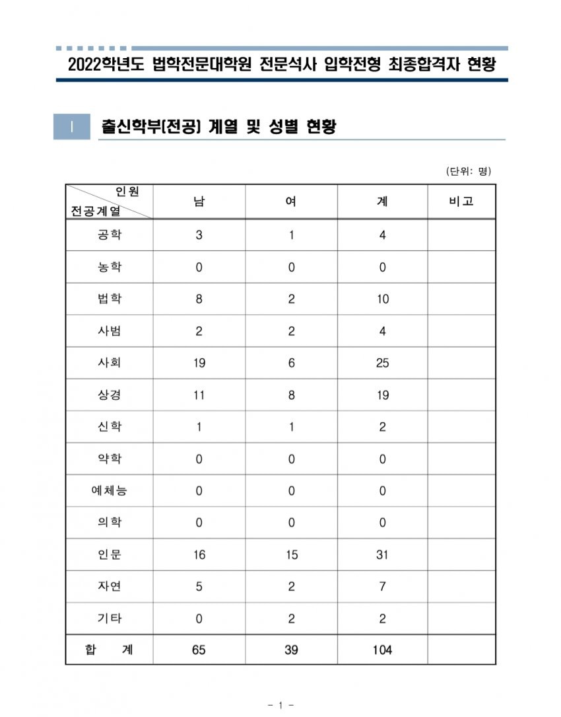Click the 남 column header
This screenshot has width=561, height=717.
(x=199, y=202)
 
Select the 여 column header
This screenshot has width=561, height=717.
(x=290, y=202)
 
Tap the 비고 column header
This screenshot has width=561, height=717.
(x=461, y=202)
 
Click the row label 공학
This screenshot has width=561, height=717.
(x=109, y=235)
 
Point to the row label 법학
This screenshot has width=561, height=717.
(x=109, y=299)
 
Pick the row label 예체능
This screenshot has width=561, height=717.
(x=109, y=491)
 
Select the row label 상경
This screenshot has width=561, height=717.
(x=109, y=395)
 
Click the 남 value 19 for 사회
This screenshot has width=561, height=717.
(x=199, y=363)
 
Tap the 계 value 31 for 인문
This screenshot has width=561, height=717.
(x=382, y=555)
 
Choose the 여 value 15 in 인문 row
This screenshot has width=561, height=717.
(x=291, y=555)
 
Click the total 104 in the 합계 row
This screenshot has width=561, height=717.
(x=382, y=650)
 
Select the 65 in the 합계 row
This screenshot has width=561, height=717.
(x=199, y=650)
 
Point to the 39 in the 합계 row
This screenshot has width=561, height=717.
(x=291, y=650)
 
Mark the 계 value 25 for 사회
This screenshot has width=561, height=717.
(x=382, y=363)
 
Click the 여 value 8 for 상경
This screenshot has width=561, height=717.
(x=291, y=395)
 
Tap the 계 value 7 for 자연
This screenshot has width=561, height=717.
(x=382, y=587)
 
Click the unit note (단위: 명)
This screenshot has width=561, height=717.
(x=469, y=171)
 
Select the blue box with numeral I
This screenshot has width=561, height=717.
(x=71, y=127)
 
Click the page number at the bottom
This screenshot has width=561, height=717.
(x=280, y=706)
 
